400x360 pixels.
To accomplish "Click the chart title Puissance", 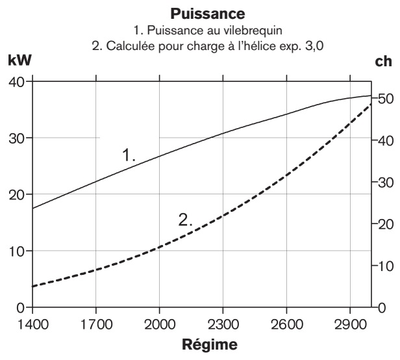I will (x=200, y=12).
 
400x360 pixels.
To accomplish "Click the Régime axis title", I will (x=200, y=345).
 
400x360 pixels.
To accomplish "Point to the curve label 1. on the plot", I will (x=129, y=155).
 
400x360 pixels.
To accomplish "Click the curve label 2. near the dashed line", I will (x=186, y=220).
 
